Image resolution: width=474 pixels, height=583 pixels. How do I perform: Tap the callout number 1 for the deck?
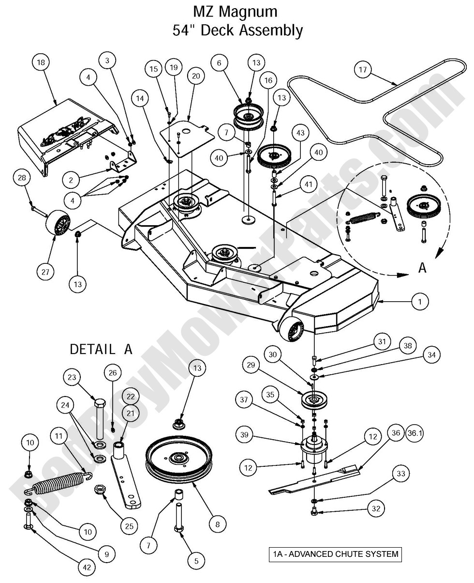pyautogui.click(x=420, y=302)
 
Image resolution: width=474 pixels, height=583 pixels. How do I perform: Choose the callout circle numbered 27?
pyautogui.click(x=45, y=272)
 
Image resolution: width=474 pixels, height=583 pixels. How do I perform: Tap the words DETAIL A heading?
pyautogui.click(x=101, y=349)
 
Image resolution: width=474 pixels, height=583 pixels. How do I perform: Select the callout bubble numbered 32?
pyautogui.click(x=377, y=509)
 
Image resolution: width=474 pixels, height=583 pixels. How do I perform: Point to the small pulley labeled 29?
pyautogui.click(x=315, y=400)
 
